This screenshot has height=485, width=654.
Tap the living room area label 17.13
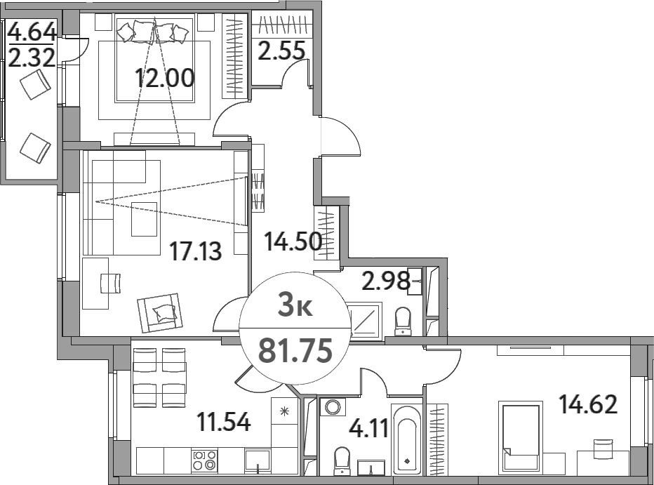click(x=196, y=249)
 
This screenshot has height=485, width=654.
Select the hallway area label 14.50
click(x=293, y=241)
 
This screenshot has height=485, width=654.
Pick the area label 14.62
click(x=587, y=404)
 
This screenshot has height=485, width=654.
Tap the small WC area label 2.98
click(x=385, y=281)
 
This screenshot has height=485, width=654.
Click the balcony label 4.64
click(x=31, y=32)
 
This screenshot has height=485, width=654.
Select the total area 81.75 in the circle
click(x=295, y=349)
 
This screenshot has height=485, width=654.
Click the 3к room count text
click(x=295, y=306)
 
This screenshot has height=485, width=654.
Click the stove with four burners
click(x=204, y=460)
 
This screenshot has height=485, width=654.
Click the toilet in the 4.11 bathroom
click(x=342, y=460)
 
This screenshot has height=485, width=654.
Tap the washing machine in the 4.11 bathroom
click(x=331, y=406)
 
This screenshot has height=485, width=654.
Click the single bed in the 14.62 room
click(x=521, y=437)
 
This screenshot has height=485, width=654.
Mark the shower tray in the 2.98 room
click(x=366, y=321)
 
